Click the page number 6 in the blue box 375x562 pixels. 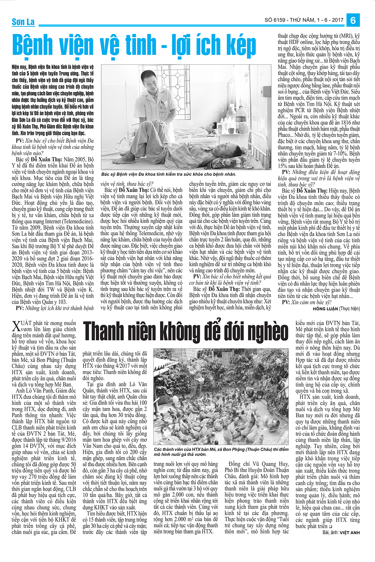tap(353, 20)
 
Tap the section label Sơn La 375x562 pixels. tap(23, 22)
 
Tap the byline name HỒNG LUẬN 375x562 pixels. tap(325, 309)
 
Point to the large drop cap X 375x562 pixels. tap(16, 327)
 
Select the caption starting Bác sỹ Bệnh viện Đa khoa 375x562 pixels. tap(169, 174)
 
